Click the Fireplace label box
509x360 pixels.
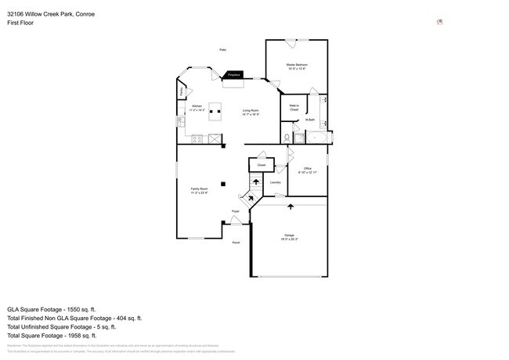tap(234, 75)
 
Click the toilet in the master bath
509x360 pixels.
tap(287, 138)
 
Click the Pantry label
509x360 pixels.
tap(182, 92)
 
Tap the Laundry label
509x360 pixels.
tap(275, 182)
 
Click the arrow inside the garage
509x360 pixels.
tap(291, 207)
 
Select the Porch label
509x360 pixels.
tap(236, 243)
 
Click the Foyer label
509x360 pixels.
tap(235, 211)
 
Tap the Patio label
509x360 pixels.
tap(223, 49)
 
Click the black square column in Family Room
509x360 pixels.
tap(224, 183)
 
